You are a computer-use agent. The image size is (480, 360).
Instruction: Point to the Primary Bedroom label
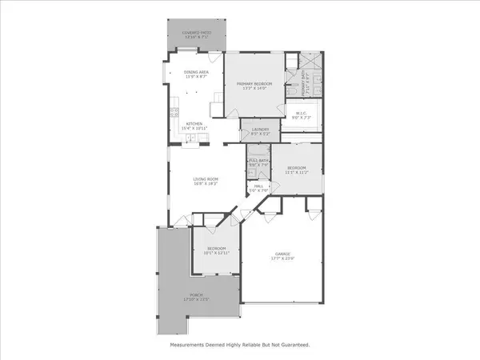(x=254, y=83)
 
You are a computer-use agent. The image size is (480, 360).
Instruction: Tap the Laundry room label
(x=259, y=130)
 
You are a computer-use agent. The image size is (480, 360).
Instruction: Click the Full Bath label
(x=258, y=161)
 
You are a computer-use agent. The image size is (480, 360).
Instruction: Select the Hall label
(x=260, y=186)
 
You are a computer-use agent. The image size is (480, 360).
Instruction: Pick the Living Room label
(x=204, y=178)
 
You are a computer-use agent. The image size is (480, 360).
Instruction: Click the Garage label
(x=278, y=252)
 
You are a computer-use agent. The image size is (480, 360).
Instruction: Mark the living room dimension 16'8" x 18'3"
(x=204, y=184)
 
